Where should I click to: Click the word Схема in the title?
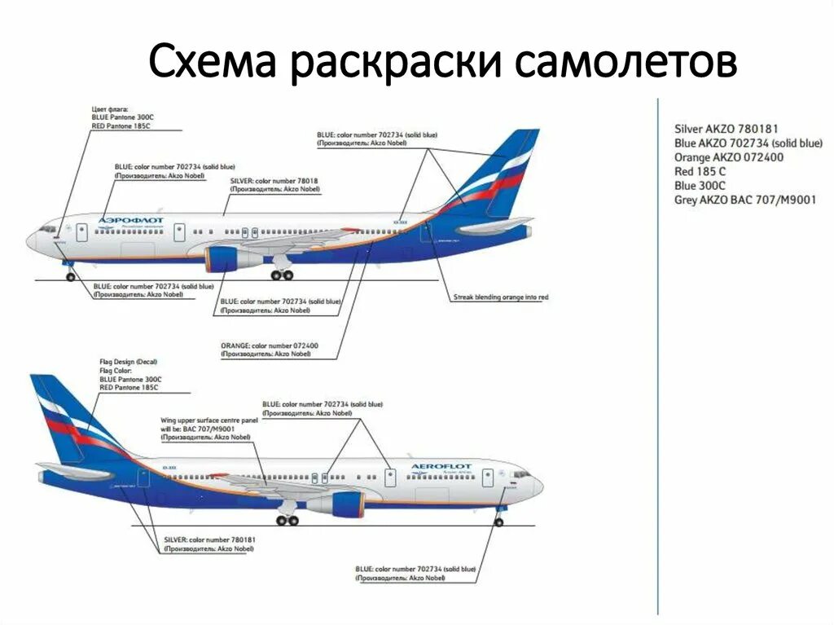[x=213, y=63]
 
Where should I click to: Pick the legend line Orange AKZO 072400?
[x=729, y=157]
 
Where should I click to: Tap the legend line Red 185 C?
[x=700, y=171]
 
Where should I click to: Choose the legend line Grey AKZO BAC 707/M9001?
[x=744, y=200]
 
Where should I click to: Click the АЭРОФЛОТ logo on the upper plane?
[x=130, y=220]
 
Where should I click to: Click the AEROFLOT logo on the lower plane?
[x=441, y=467]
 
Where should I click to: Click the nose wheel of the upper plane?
[x=70, y=276]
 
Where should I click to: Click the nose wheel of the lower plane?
[x=498, y=522]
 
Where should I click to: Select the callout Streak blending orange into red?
[x=500, y=297]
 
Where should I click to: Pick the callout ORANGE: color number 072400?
[x=269, y=346]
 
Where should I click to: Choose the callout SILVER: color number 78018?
[x=274, y=181]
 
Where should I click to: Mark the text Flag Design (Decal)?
[x=128, y=361]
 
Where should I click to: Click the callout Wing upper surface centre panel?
[x=210, y=420]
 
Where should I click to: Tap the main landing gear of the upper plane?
[x=282, y=275]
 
